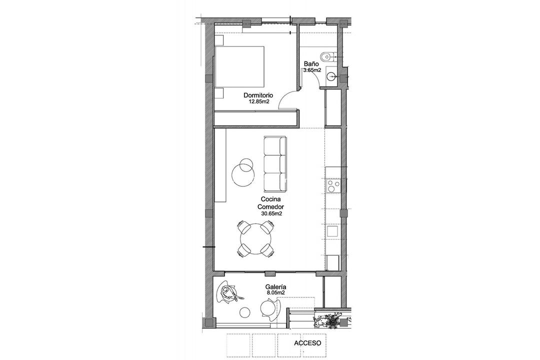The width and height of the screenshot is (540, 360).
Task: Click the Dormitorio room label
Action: pos(258,95)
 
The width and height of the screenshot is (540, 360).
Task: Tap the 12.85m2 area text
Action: pos(259,101)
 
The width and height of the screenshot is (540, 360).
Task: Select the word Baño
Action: pos(310,64)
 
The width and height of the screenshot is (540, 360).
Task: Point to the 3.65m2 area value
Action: pos(312,70)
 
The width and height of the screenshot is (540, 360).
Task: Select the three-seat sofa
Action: pos(275,163)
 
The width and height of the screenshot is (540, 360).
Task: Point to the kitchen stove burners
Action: pos(333,186)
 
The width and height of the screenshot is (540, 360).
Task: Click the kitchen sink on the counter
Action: pos(332,231)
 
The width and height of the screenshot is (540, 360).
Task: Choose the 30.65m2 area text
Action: pos(271,213)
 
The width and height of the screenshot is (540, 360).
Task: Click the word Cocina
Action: pos(270,199)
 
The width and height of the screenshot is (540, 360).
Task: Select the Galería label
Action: pos(275,286)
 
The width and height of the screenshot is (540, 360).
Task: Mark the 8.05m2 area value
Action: pos(275,292)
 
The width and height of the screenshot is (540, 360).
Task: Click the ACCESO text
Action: pos(307,343)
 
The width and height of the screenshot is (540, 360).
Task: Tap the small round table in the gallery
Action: pos(244,312)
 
